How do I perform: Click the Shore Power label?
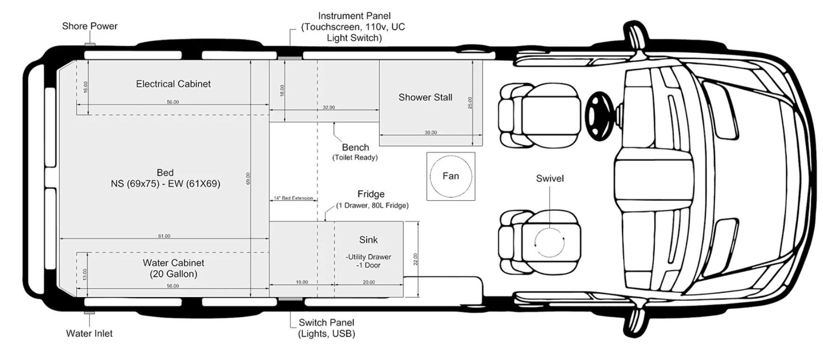click(90, 26)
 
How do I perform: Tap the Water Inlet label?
click(89, 333)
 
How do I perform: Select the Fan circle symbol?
click(451, 176)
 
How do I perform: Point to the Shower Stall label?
click(425, 98)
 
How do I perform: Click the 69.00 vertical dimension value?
click(248, 179)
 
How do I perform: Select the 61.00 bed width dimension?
click(164, 236)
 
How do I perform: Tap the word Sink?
click(368, 240)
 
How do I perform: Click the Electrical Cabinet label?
click(173, 84)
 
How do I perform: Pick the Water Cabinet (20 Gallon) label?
click(173, 268)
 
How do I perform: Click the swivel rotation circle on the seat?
click(550, 242)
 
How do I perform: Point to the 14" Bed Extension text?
click(293, 198)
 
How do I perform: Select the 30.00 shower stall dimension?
click(430, 133)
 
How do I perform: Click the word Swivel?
click(550, 179)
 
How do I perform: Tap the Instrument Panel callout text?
click(354, 27)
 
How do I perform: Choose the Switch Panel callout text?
click(326, 328)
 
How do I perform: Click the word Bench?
click(355, 147)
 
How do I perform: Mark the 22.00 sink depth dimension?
click(416, 259)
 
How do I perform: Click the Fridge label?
click(371, 194)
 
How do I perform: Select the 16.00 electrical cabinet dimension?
click(85, 87)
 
